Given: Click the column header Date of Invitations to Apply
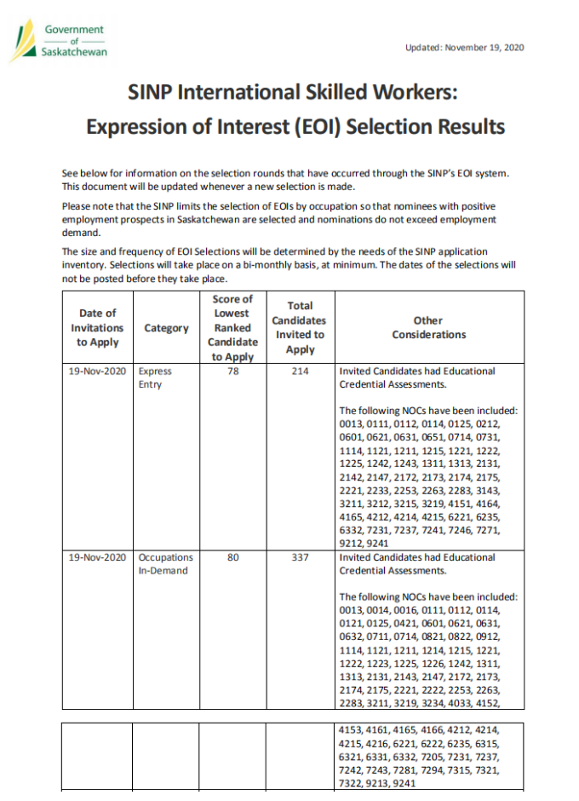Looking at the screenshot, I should pos(97,328).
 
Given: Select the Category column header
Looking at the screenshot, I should pos(166,328).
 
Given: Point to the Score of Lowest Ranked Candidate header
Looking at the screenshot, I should pos(232,328).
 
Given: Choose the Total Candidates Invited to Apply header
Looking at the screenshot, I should pos(300,328).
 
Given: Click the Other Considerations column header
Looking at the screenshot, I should pos(428,328).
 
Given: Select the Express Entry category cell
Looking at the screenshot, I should pos(155,378).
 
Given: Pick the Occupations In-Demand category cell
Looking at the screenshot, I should pos(165,564).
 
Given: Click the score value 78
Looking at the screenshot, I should pos(232,372).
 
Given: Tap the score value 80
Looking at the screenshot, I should pos(232,557).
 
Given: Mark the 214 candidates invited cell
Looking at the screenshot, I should pos(300,372).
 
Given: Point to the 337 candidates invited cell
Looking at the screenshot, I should pos(300,557).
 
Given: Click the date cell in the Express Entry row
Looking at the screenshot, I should pos(97,372).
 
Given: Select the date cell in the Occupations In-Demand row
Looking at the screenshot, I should pos(97,557).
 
